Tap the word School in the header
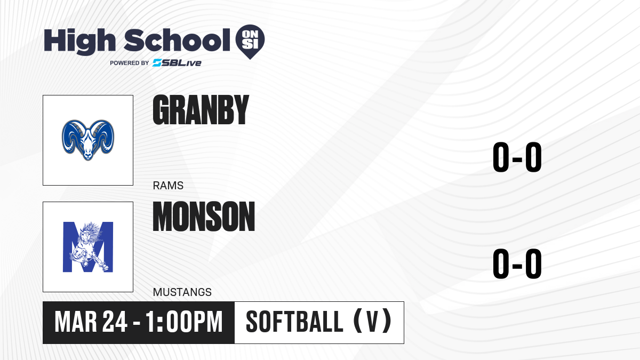tap(177, 40)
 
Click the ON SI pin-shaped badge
tap(250, 42)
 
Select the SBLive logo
tap(177, 63)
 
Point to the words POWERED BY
tap(130, 63)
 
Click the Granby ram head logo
tap(88, 140)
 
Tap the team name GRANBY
tap(201, 110)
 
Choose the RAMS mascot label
tap(168, 186)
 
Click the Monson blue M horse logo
tap(88, 247)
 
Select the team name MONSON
tap(204, 217)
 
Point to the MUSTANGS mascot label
tap(182, 292)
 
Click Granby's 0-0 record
tap(517, 157)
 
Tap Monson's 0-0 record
tap(517, 263)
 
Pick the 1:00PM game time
tap(184, 322)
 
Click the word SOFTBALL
tap(294, 322)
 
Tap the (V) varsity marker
tap(372, 321)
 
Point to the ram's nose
tap(88, 155)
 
